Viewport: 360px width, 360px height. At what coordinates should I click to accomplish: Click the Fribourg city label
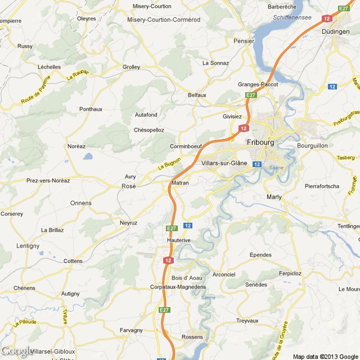point(260,142)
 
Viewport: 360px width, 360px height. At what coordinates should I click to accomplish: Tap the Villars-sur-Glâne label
point(223,163)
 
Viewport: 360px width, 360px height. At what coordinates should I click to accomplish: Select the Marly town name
point(274,197)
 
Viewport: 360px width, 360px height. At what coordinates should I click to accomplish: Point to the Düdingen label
point(336,31)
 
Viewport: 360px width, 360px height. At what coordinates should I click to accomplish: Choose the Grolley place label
point(131,67)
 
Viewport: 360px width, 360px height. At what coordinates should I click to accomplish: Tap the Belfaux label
point(197,95)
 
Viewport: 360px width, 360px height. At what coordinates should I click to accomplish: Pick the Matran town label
point(180,183)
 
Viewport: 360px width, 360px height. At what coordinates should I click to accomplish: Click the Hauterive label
point(180,240)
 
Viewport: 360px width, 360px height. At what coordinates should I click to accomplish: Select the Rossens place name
point(192,336)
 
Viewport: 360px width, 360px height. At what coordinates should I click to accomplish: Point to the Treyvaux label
point(247,321)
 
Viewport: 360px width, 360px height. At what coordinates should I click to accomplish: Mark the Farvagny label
point(131,330)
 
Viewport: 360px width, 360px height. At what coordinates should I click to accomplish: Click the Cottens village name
point(73,261)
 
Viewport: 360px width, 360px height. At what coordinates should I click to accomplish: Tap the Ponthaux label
point(91,109)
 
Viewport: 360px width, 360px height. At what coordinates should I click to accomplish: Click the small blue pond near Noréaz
point(88,157)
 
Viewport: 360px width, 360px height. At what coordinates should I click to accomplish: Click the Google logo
point(17,352)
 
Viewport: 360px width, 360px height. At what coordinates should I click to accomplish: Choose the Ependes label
point(260,255)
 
